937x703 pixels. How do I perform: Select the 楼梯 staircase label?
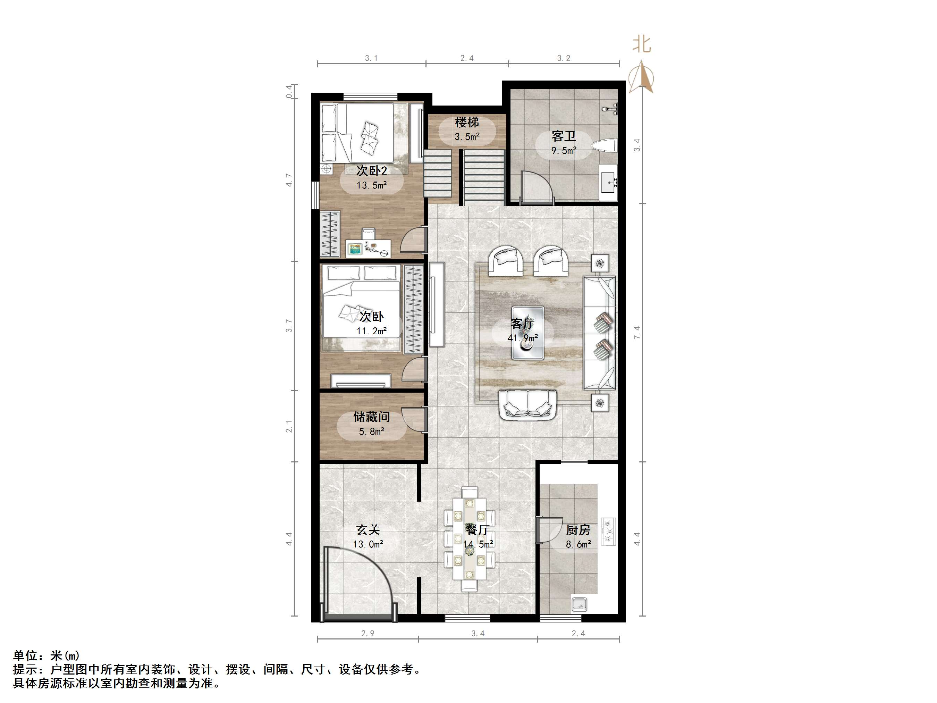[x=467, y=123]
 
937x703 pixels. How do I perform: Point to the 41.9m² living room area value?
[x=523, y=338]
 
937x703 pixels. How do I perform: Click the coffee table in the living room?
[x=528, y=333]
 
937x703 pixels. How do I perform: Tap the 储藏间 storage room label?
[x=371, y=417]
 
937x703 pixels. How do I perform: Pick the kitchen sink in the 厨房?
[x=580, y=604]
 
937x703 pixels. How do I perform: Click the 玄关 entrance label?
[x=368, y=530]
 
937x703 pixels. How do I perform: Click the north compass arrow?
[x=641, y=76]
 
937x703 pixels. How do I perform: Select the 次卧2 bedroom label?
[x=371, y=171]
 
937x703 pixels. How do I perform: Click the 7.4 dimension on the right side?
[x=637, y=332]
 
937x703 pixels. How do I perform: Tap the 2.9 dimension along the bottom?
[x=368, y=634]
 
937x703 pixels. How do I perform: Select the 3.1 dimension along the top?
[x=371, y=58]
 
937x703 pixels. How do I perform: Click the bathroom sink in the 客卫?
[x=609, y=183]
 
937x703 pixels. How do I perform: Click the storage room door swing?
[x=413, y=419]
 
